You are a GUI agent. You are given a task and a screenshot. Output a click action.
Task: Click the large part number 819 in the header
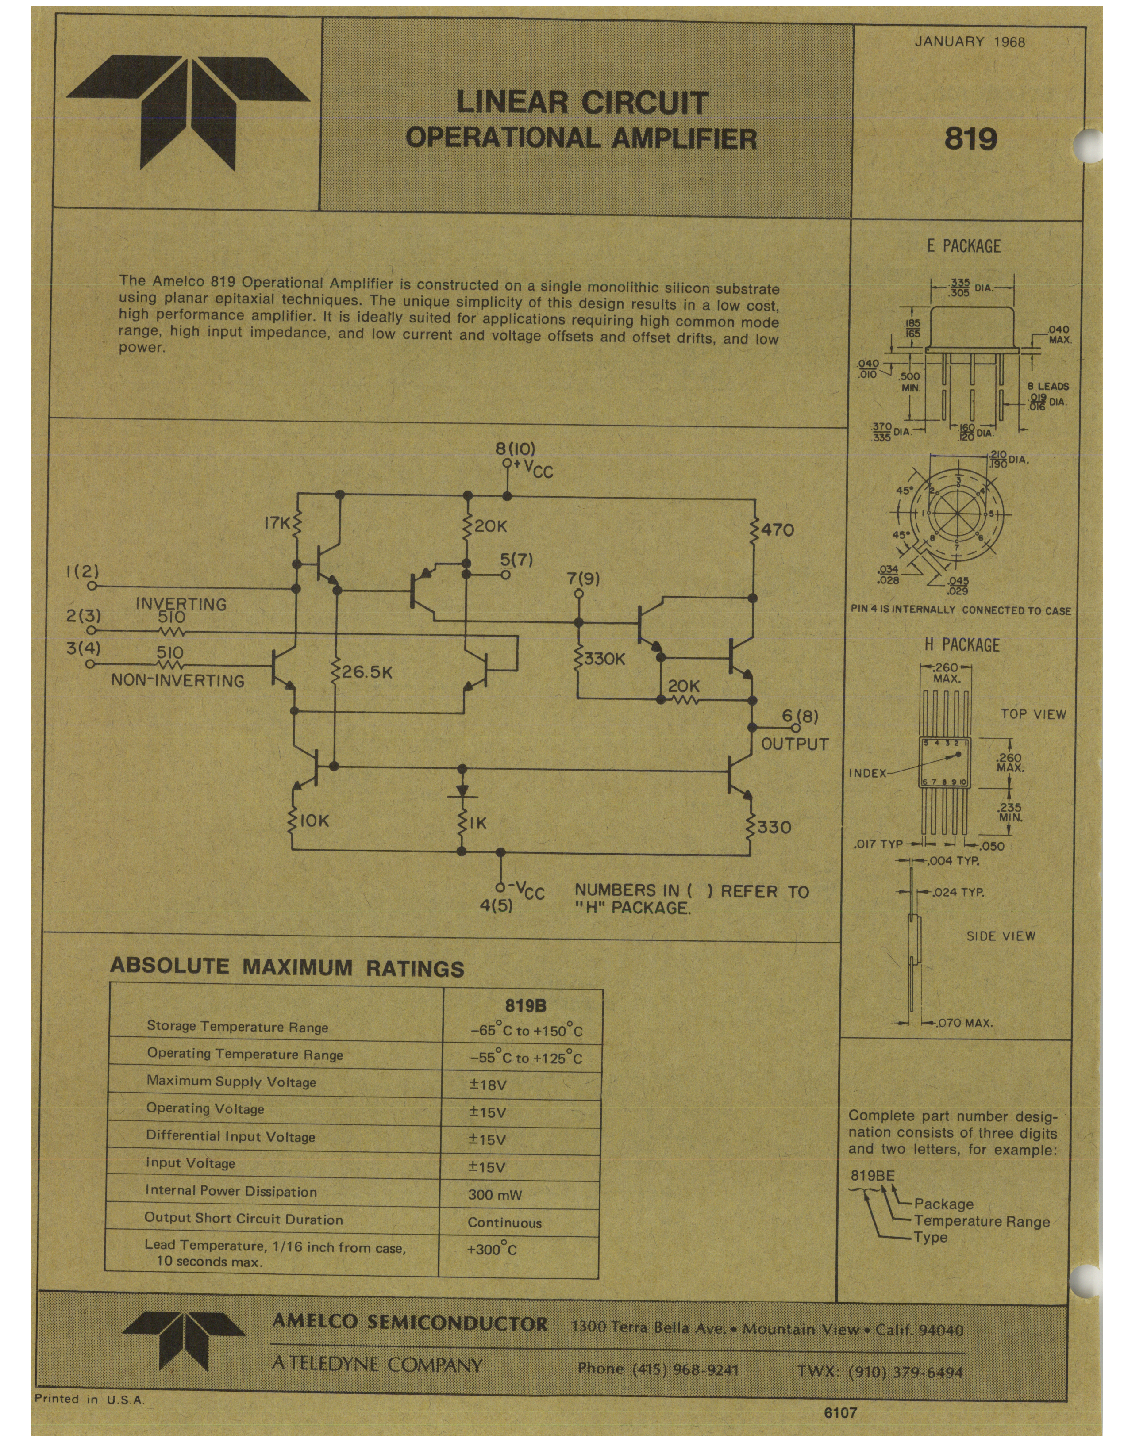[x=970, y=138]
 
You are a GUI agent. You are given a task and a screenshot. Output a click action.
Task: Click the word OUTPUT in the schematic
[x=794, y=744]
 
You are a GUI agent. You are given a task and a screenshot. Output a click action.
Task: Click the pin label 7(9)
[x=583, y=579]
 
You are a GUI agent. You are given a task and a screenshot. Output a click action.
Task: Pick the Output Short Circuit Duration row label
[x=244, y=1220]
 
